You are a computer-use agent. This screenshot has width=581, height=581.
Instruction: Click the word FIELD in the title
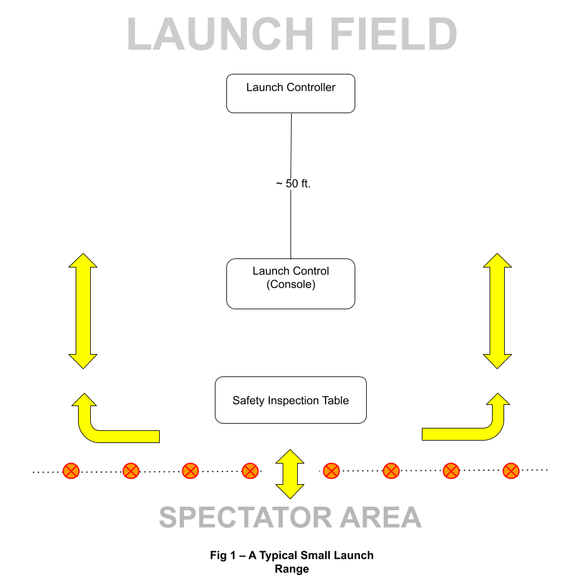[393, 35]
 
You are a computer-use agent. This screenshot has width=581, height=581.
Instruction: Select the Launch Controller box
[290, 93]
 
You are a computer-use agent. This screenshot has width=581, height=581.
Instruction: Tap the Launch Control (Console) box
[290, 284]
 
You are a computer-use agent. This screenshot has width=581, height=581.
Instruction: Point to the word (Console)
[290, 284]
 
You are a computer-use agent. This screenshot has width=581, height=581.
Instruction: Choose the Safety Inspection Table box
[290, 400]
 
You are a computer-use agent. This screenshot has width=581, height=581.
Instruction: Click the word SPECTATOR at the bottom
[246, 518]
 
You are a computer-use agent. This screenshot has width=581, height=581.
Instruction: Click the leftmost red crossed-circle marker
[71, 470]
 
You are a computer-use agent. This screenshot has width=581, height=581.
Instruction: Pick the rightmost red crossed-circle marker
[511, 470]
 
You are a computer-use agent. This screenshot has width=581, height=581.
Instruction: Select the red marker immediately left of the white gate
[250, 470]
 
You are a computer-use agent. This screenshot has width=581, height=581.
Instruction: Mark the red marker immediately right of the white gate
[331, 470]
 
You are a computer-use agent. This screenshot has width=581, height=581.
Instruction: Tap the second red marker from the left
[131, 470]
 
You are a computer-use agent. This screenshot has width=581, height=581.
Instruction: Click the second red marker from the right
[451, 470]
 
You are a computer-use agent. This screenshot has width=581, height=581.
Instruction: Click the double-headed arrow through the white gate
[290, 474]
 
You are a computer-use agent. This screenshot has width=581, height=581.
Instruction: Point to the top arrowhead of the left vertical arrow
[83, 260]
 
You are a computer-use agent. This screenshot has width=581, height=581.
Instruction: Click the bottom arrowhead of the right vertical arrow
[497, 361]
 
